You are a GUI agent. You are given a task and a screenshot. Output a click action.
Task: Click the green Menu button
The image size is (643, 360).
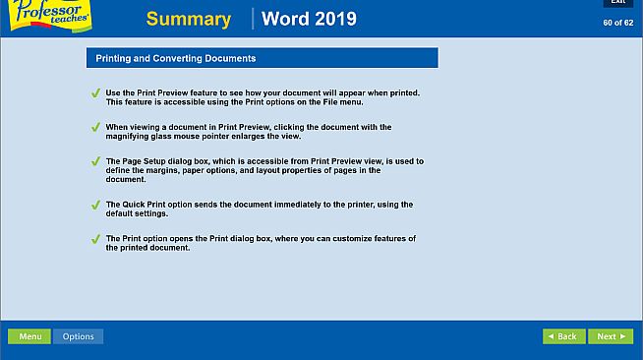point(29,336)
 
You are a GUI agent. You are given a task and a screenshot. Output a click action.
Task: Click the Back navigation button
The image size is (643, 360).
point(563,336)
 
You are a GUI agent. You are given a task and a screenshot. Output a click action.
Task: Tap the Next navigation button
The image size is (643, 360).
point(610,336)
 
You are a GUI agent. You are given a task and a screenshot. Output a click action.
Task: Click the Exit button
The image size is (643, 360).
point(617,3)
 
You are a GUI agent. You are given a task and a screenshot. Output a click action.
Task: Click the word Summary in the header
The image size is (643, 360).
point(189,20)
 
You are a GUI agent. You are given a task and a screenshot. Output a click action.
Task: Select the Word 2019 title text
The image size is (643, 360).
point(309,20)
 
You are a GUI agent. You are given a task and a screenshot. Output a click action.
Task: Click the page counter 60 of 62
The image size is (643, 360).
point(617,23)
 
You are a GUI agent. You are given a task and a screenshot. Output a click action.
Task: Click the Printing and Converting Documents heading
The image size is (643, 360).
point(176,59)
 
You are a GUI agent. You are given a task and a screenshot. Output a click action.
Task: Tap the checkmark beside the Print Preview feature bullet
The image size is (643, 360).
point(95,93)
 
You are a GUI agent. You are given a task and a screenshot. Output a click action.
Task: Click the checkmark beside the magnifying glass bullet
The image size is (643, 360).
point(95,128)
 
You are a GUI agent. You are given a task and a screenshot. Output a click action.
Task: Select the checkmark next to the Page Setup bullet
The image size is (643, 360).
point(95,162)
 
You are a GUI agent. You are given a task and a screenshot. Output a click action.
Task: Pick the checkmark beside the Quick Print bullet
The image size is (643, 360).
point(95,205)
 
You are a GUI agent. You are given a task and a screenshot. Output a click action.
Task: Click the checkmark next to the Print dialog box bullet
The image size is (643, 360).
point(95,239)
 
